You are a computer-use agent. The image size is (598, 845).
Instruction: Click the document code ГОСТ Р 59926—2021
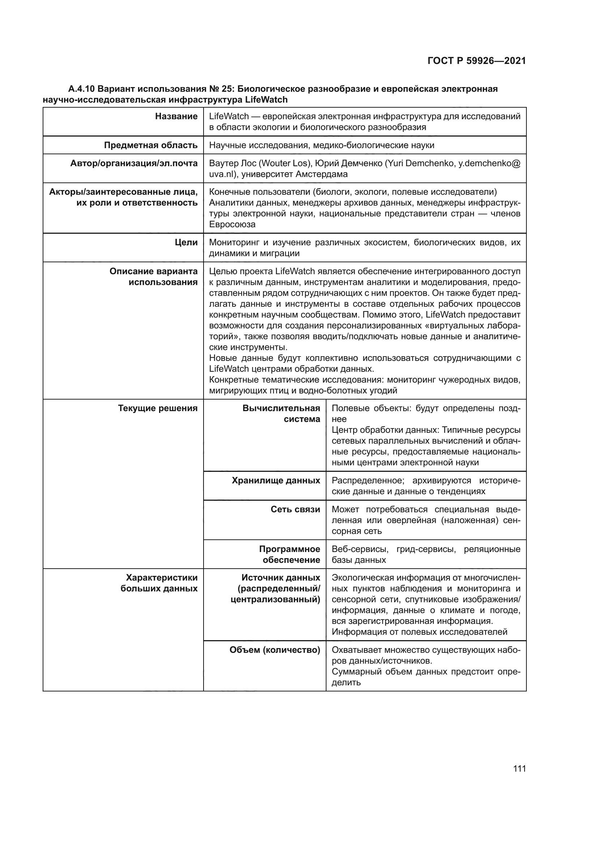point(477,61)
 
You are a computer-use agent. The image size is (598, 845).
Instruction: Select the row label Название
point(176,116)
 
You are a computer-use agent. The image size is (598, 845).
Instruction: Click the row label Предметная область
point(151,145)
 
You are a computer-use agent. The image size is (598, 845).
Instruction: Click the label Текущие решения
point(158,408)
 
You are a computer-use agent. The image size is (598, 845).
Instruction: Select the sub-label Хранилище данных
point(276,480)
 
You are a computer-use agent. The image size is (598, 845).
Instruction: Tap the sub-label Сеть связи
point(295,509)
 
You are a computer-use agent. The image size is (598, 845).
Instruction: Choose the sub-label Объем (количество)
point(275,650)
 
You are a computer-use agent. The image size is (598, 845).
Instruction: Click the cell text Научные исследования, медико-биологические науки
point(321,145)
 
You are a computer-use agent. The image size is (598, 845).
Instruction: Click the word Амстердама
point(321,174)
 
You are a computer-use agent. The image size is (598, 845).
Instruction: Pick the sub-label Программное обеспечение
point(290,555)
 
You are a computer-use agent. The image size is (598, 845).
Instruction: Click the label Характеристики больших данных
point(159,583)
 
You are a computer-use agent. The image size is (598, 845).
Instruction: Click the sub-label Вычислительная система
point(281,414)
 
